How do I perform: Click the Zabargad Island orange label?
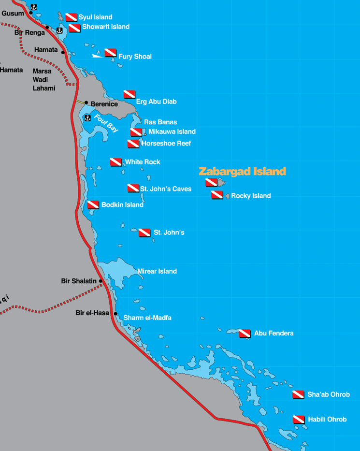(242, 172)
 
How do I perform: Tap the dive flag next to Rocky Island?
(217, 195)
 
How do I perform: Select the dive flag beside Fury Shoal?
(111, 52)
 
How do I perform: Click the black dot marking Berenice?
(86, 103)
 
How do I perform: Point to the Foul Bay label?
(106, 123)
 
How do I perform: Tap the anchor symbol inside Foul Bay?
(87, 117)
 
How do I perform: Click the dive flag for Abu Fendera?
(245, 334)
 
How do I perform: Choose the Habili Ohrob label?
(327, 420)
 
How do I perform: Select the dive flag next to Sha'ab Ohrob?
(298, 394)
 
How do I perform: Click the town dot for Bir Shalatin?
(101, 281)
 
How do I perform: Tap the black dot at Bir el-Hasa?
(115, 313)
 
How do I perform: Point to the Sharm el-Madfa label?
(147, 318)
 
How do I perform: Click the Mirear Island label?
(157, 272)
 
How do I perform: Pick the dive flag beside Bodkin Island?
(93, 205)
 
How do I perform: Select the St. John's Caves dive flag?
(133, 188)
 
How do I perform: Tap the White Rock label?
(143, 162)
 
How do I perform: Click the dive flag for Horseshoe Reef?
(133, 144)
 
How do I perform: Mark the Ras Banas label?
(160, 122)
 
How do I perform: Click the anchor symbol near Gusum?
(34, 7)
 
